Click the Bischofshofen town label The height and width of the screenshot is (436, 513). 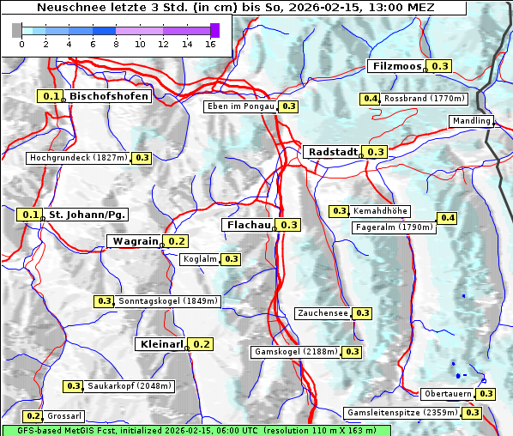click(x=109, y=97)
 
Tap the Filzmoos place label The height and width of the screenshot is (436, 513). click(x=397, y=66)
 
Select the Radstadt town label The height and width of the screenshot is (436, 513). click(x=332, y=152)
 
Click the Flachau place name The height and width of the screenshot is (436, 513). click(x=248, y=225)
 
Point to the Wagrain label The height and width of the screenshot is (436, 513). click(x=135, y=242)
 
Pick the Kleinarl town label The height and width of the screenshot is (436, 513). click(x=160, y=344)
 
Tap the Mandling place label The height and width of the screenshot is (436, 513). click(x=471, y=121)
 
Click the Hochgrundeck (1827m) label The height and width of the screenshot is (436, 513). click(x=78, y=158)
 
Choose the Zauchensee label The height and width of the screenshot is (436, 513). click(x=323, y=313)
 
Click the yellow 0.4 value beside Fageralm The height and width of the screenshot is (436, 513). click(x=448, y=218)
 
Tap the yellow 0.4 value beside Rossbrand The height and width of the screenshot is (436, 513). click(x=371, y=99)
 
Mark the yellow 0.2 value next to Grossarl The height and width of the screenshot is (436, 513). click(x=33, y=416)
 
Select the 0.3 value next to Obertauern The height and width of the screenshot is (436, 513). click(x=486, y=394)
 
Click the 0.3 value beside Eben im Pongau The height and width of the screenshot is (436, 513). click(x=288, y=106)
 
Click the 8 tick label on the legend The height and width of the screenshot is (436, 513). click(x=116, y=43)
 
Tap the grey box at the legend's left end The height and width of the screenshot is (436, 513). click(x=17, y=30)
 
